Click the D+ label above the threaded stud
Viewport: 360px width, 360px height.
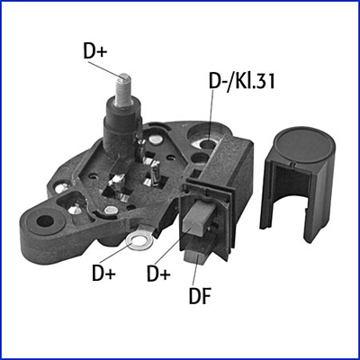coord(95,51)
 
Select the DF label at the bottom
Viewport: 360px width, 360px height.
coord(200,295)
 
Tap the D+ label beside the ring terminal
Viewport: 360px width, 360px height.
coord(103,274)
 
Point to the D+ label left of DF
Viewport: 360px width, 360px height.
coord(158,274)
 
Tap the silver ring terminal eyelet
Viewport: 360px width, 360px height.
coord(139,240)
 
